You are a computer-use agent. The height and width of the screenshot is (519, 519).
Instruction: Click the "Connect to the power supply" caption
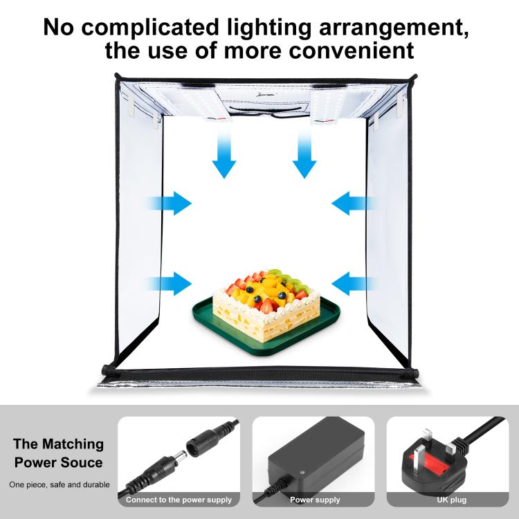pos(179,500)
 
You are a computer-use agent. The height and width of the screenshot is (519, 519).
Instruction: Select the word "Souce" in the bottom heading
pos(81,462)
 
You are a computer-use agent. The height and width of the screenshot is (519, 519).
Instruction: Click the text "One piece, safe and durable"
pos(59,484)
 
